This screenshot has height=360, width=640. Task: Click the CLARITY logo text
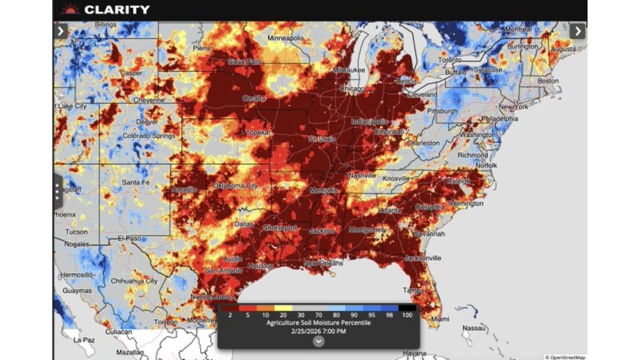116,9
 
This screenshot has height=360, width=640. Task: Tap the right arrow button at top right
577,31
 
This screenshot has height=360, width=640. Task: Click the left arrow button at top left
61,31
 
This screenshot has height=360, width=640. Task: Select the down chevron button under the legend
318,341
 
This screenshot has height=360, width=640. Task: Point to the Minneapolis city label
285,38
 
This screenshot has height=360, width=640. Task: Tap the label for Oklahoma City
235,185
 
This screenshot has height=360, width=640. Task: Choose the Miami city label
440,319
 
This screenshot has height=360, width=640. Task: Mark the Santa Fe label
135,182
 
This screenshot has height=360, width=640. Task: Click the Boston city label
548,81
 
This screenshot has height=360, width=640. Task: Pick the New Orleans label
323,263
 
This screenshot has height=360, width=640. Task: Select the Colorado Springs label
149,136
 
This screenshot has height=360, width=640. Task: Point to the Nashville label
362,175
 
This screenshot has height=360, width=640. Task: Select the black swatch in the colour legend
407,308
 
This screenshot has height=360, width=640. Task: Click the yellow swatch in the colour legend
284,308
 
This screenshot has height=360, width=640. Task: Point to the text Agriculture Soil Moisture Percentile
318,323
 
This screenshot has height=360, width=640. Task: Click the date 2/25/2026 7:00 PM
318,331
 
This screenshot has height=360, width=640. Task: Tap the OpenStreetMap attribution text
565,357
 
